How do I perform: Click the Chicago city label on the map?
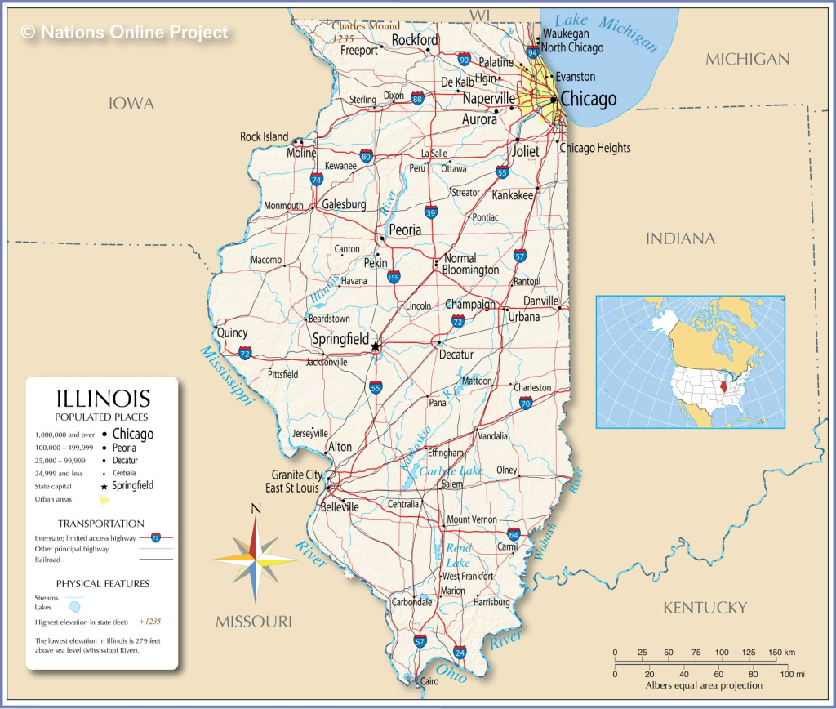[x=588, y=100]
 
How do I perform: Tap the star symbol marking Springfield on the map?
[x=376, y=346]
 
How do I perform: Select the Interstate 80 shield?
[x=367, y=156]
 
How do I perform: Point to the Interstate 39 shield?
[x=430, y=212]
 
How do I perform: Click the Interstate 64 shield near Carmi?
[x=514, y=534]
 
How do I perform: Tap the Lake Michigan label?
[x=606, y=31]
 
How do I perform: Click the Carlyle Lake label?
[x=451, y=471]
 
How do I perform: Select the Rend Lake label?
[x=458, y=555]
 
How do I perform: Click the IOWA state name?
[x=131, y=104]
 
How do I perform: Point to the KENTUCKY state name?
[x=705, y=608]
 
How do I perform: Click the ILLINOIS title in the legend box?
[x=103, y=399]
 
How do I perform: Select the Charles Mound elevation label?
[x=365, y=26]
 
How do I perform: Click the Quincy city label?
[x=232, y=332]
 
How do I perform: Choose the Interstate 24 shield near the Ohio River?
[x=460, y=652]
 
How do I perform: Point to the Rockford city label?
[x=415, y=40]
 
